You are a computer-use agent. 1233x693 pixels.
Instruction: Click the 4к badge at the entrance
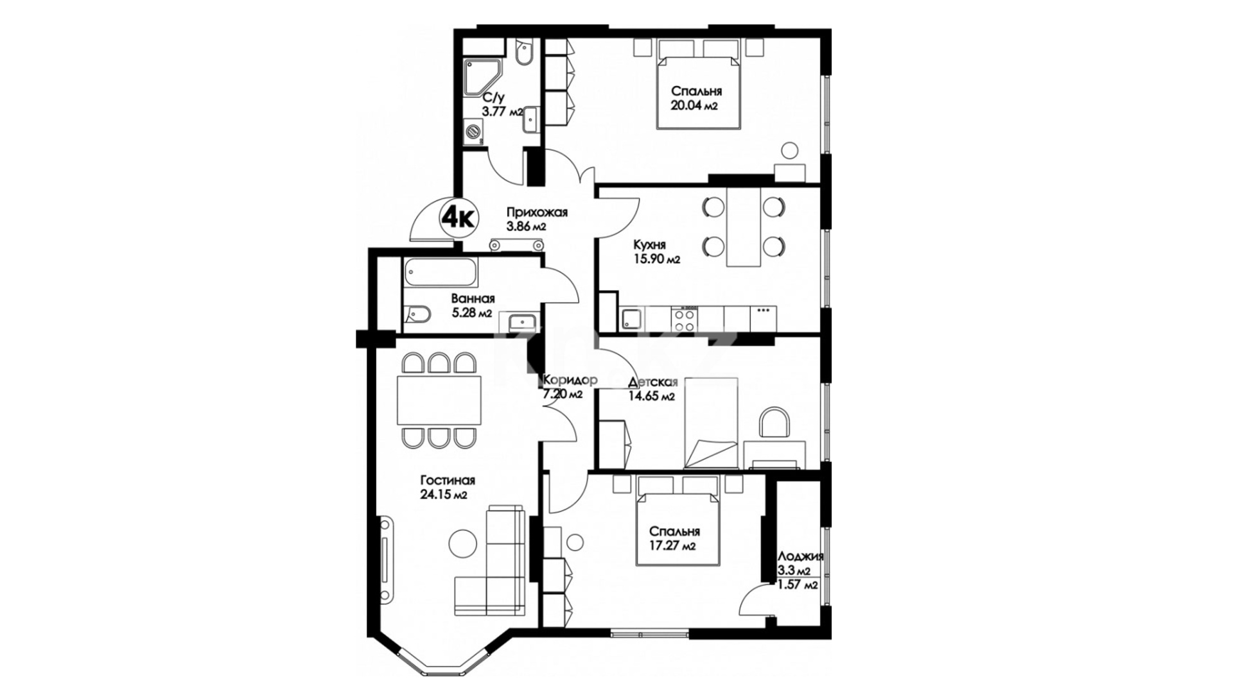point(459,218)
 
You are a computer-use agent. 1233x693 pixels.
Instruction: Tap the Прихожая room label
point(536,212)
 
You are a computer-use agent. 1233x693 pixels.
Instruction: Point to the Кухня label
point(649,244)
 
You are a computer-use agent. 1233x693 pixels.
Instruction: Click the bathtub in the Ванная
point(441,272)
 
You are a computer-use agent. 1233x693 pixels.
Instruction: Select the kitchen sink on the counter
point(632,319)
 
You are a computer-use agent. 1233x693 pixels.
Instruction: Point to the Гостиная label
point(448,481)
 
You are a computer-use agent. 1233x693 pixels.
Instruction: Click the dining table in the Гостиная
point(439,401)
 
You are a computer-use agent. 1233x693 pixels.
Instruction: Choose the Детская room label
point(653,383)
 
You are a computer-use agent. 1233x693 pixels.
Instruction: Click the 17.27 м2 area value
point(672,546)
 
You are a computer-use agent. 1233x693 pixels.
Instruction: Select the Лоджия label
point(800,557)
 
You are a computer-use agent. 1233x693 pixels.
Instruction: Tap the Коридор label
point(570,380)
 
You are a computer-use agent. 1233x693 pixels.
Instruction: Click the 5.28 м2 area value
point(471,313)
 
